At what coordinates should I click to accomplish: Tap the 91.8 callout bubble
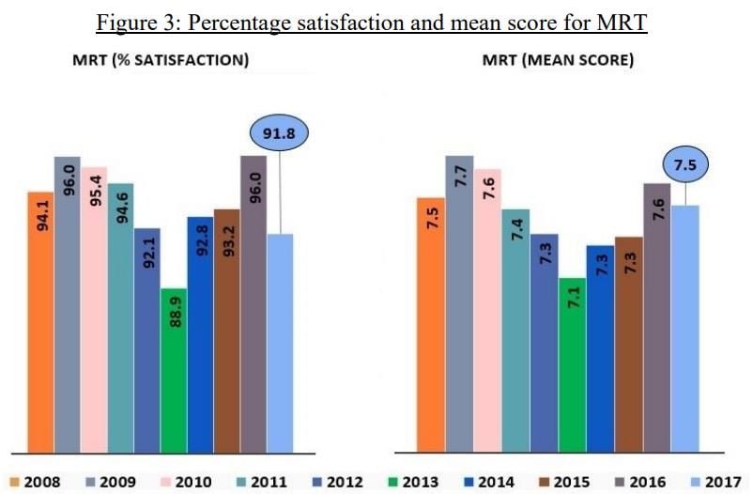click(280, 133)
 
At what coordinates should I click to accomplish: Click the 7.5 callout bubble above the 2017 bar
click(684, 166)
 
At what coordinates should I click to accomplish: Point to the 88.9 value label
click(175, 311)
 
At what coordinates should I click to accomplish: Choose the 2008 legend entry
click(38, 482)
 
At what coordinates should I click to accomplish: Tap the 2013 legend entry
click(412, 482)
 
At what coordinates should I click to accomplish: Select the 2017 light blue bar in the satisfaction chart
click(280, 343)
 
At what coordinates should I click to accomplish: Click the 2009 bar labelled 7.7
click(459, 301)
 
